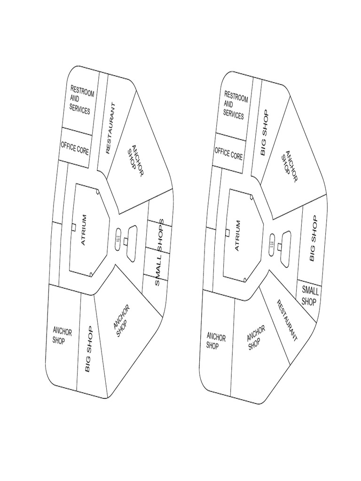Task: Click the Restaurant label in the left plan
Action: point(110,128)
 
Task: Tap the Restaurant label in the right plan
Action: point(286,320)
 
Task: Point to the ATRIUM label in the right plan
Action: point(237,236)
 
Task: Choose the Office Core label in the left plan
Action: point(75,147)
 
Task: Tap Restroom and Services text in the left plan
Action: point(81,99)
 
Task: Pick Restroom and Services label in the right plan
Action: point(235,105)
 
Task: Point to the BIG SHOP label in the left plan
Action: point(89,349)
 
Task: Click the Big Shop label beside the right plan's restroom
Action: point(263,132)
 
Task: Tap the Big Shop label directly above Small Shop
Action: point(314,239)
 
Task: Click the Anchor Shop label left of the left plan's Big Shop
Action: point(62,336)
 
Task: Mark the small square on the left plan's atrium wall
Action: point(74,227)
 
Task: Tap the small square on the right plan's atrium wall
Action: point(228,233)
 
